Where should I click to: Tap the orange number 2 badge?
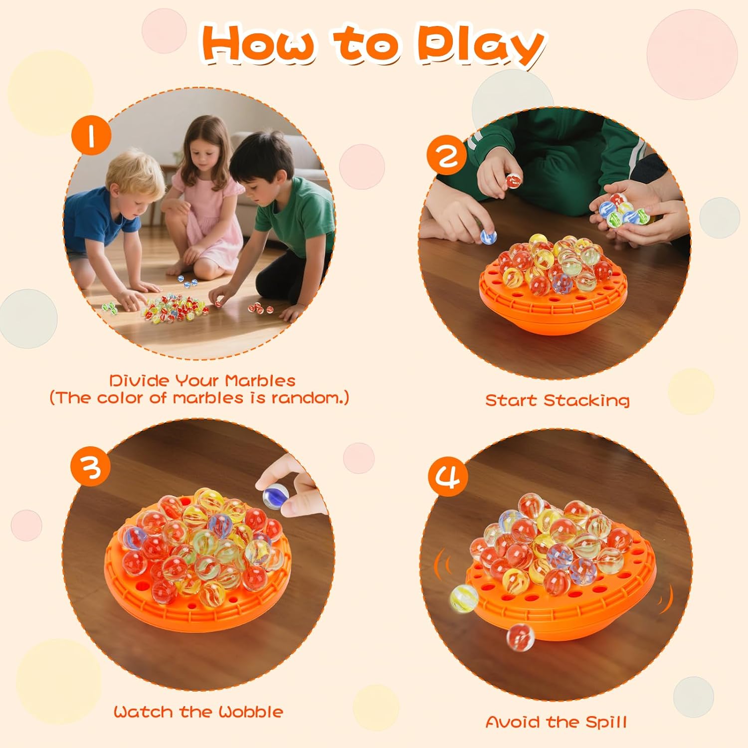(x=447, y=155)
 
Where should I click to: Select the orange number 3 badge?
(x=91, y=467)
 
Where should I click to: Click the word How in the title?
(x=259, y=45)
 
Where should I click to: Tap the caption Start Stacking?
(x=557, y=400)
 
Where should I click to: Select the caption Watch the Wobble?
(x=198, y=712)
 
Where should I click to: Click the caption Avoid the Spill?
(x=556, y=722)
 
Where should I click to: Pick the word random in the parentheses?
(x=305, y=398)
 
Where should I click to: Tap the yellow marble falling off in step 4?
(x=464, y=598)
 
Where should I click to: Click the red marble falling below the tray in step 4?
(x=520, y=637)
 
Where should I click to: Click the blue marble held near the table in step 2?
(x=488, y=236)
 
